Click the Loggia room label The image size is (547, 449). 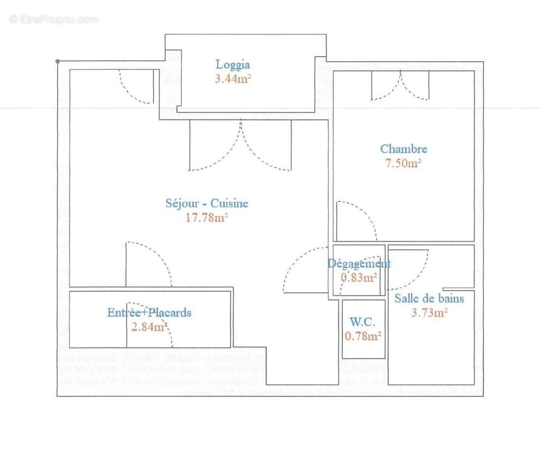232,65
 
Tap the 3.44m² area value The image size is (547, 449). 232,79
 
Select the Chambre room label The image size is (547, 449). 403,149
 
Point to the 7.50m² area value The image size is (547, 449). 403,163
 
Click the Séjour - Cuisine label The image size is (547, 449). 206,204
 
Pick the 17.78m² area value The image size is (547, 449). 206,218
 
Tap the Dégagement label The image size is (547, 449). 359,263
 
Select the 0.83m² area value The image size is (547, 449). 359,277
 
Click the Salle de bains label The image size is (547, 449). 429,299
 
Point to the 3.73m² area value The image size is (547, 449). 429,313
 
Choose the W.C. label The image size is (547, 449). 363,322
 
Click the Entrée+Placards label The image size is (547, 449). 149,313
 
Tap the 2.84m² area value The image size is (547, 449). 149,327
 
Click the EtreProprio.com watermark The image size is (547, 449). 53,19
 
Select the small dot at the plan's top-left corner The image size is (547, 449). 57,61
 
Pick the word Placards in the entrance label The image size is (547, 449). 169,313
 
